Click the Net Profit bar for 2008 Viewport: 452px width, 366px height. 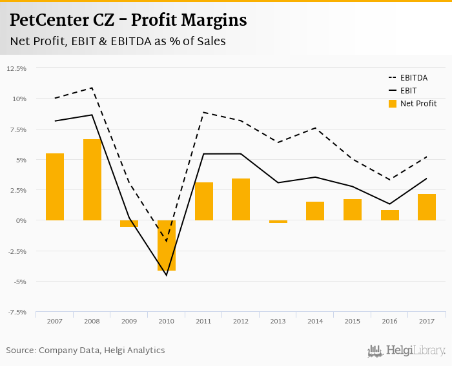92,180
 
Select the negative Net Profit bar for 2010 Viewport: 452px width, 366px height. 167,246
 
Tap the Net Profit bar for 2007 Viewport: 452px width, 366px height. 55,187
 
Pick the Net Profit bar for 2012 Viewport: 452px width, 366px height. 241,200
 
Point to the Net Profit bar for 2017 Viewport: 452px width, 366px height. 427,207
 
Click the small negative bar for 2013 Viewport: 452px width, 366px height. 278,222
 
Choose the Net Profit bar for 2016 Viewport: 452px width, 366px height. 390,215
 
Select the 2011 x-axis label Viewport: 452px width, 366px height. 203,320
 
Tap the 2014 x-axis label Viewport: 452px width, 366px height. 315,320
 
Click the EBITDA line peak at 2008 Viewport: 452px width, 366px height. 92,88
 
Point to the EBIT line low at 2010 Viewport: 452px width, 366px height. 167,275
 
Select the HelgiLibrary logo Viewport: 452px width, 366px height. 407,351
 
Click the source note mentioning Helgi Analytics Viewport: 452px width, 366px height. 85,351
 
